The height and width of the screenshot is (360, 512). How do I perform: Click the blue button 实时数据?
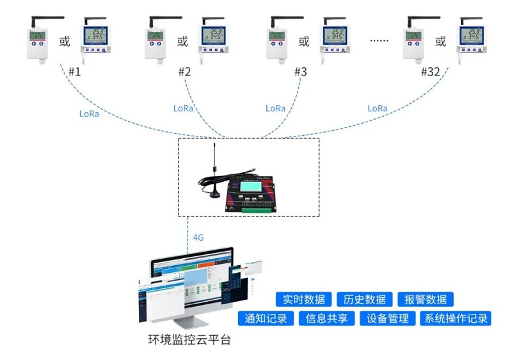(304, 299)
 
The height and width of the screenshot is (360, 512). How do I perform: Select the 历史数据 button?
(364, 299)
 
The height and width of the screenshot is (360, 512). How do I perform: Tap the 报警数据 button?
(426, 299)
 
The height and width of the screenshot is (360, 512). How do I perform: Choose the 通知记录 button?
(266, 318)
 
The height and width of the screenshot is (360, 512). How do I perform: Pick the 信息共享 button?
(326, 318)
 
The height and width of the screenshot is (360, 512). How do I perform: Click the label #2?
(184, 72)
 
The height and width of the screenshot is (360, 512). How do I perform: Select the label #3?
(300, 72)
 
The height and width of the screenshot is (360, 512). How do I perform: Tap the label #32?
(430, 72)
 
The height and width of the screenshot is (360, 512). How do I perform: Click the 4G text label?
(198, 238)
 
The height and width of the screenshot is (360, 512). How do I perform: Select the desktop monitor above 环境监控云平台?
(192, 282)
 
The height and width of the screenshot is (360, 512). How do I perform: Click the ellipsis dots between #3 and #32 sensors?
(380, 42)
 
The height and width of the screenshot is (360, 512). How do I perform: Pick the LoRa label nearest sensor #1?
(89, 114)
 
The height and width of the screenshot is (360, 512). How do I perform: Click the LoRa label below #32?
(378, 108)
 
